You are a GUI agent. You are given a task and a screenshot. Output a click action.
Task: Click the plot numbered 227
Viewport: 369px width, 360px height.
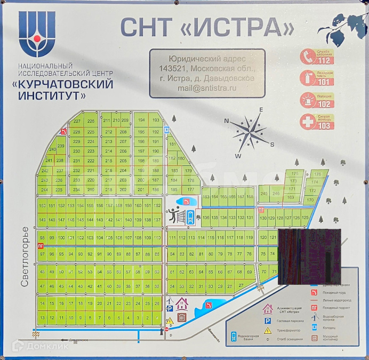pos(76,121)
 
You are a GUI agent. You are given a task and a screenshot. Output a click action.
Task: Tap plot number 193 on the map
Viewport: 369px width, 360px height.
pos(156,121)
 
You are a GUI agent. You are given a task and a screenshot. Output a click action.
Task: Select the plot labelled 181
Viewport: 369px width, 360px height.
pos(172,145)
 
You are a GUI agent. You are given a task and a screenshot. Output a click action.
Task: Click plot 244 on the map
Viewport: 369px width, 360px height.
pos(45,190)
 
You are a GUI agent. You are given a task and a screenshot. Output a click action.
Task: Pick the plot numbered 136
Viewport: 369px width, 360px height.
pos(205,218)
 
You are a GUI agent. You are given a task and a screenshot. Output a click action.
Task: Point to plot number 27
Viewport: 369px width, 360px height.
pos(241,286)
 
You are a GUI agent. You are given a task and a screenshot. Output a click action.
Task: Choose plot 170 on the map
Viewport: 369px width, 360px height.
pos(310,200)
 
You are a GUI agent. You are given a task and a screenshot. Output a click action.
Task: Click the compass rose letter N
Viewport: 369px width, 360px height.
pos(227,121)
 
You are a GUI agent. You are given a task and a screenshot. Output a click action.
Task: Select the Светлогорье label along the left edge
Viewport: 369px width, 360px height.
pos(25,257)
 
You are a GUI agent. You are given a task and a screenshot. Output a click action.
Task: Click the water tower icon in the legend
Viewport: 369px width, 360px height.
pos(234,337)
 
